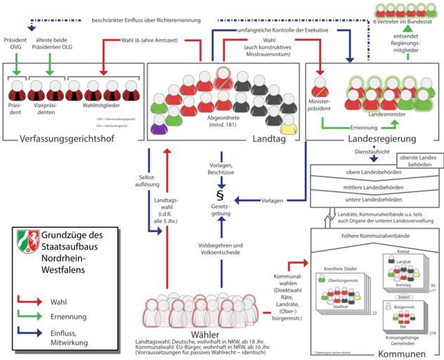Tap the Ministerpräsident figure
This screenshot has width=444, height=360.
[x=320, y=88]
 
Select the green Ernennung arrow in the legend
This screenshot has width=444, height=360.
[x=33, y=317]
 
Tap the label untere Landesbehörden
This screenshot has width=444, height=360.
[x=370, y=200]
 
